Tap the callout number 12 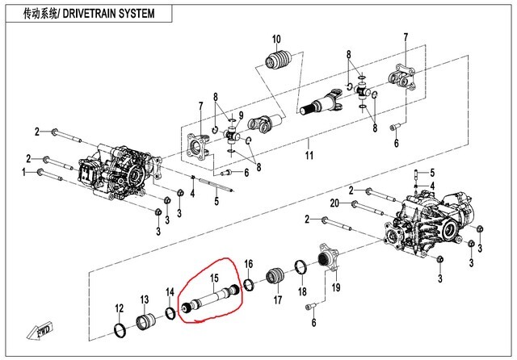(x=119, y=309)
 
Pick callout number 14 (x=170, y=291)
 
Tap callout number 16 (x=249, y=264)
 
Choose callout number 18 (x=302, y=290)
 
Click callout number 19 (x=336, y=287)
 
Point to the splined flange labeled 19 (x=328, y=261)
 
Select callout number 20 (x=334, y=202)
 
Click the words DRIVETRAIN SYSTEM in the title (x=109, y=15)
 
